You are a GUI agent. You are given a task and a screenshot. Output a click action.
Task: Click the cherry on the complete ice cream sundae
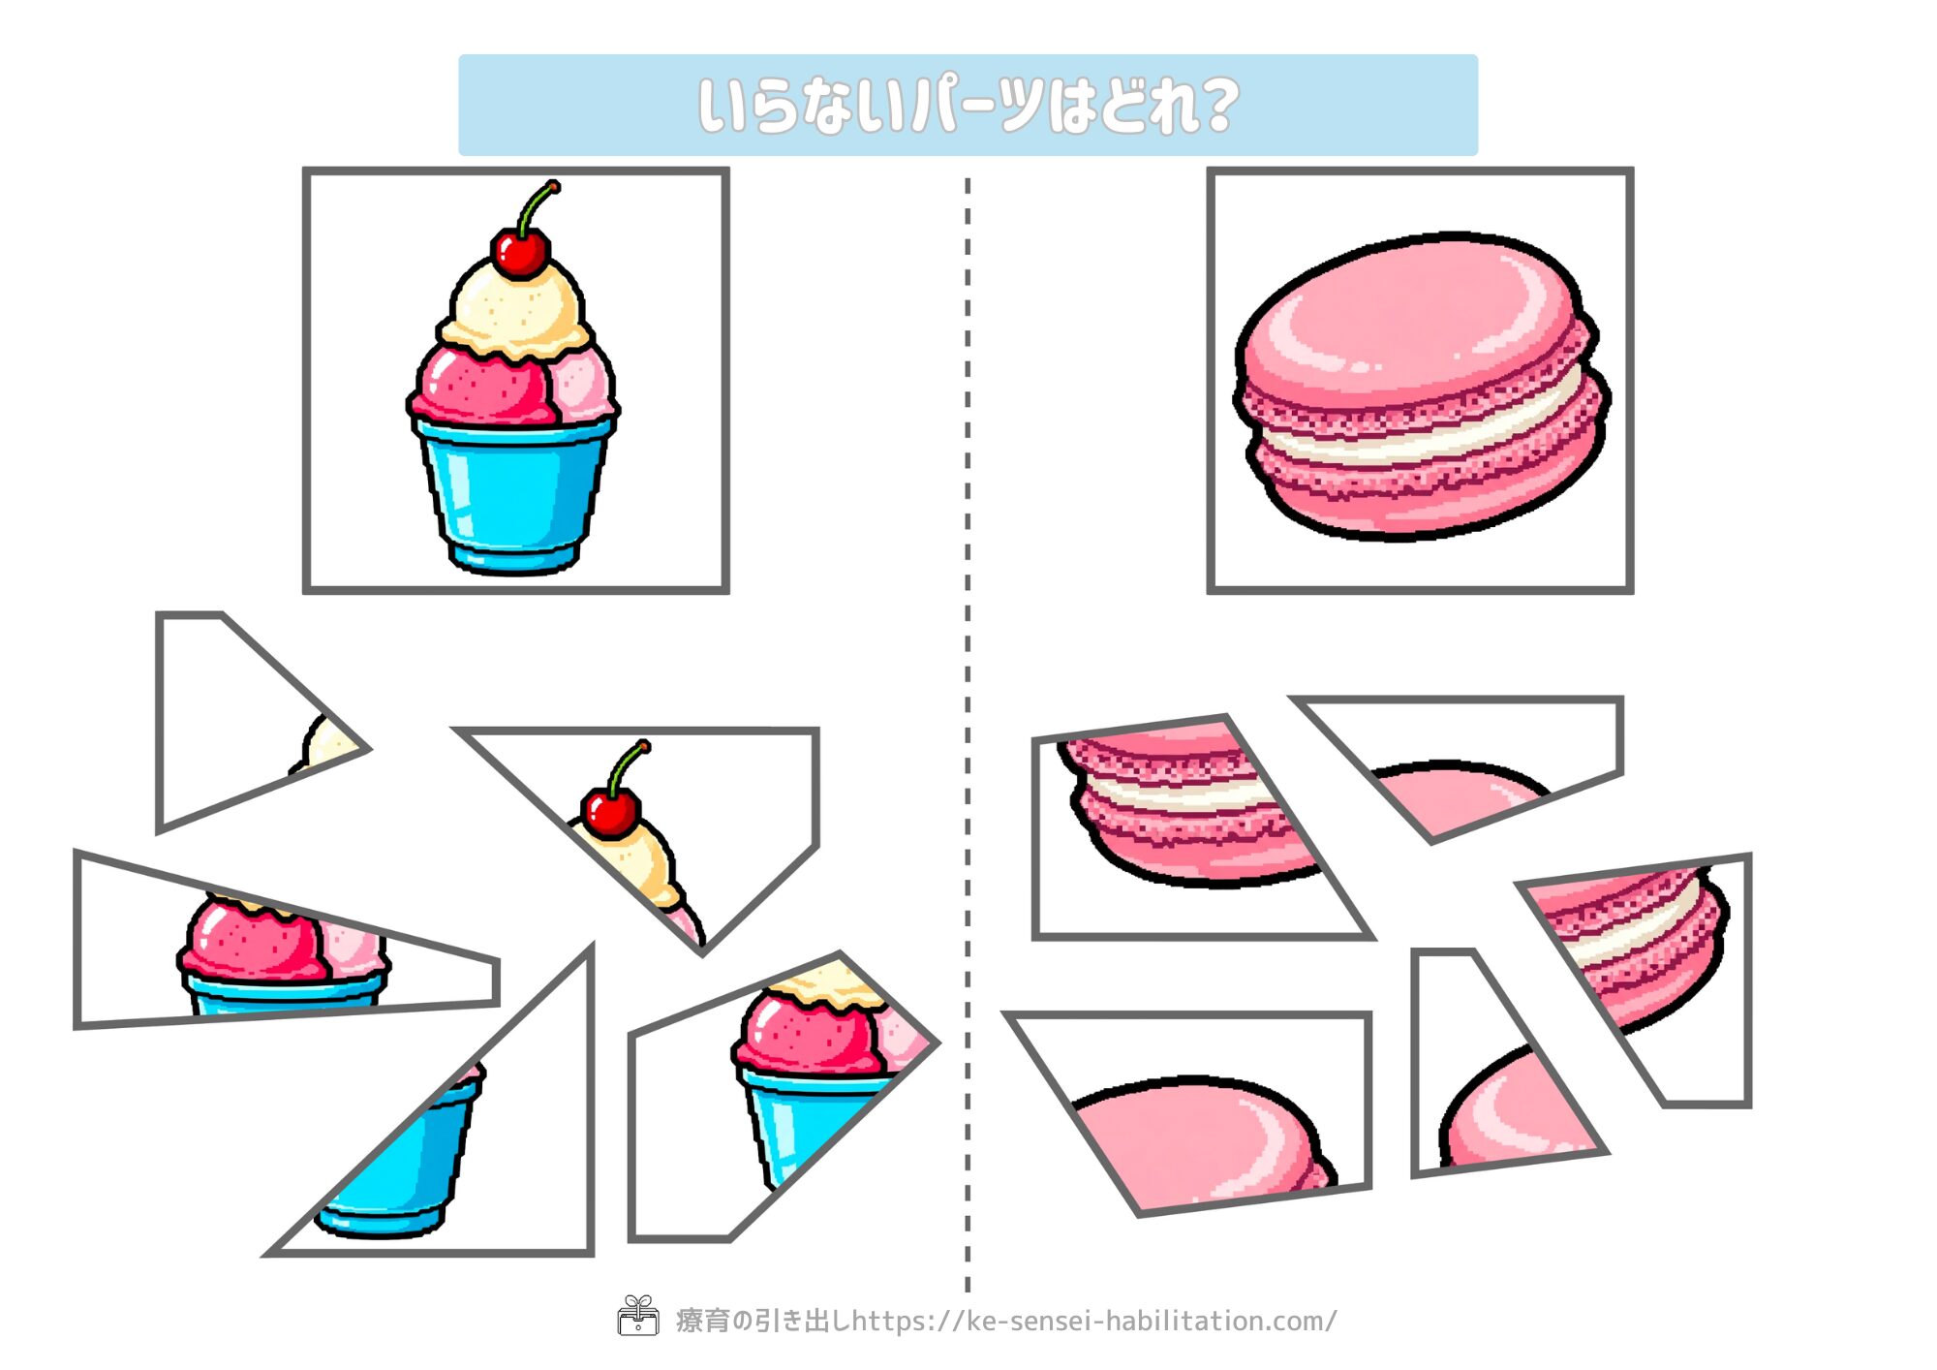[x=520, y=252]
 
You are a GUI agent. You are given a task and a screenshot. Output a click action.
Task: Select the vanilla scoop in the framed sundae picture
[x=517, y=308]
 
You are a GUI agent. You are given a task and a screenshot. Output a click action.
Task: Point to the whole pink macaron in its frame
[x=1421, y=386]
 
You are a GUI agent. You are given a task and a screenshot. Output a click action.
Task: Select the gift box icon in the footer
[x=638, y=1316]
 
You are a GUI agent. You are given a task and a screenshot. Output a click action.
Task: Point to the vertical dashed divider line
[x=968, y=734]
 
